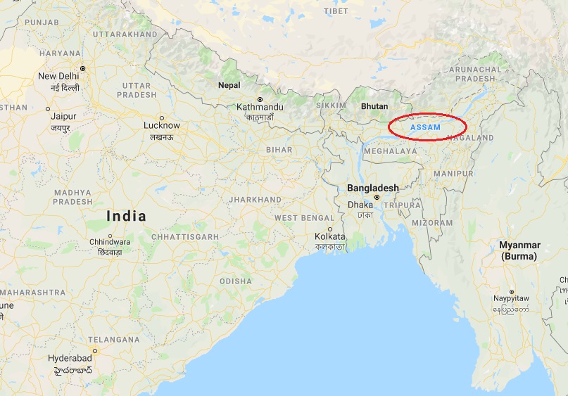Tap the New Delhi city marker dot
pos(82,68)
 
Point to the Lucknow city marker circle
pos(162,117)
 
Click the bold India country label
pos(127,216)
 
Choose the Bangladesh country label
pos(372,188)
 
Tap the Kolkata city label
pos(330,236)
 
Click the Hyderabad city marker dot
pos(95,350)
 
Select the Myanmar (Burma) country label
pos(519,250)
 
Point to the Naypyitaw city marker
pos(512,291)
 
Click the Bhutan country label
pos(374,106)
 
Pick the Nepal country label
pos(229,85)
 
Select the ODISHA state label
pos(236,281)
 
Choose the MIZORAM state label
pos(433,222)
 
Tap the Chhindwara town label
pos(109,242)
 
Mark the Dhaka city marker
pos(378,198)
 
